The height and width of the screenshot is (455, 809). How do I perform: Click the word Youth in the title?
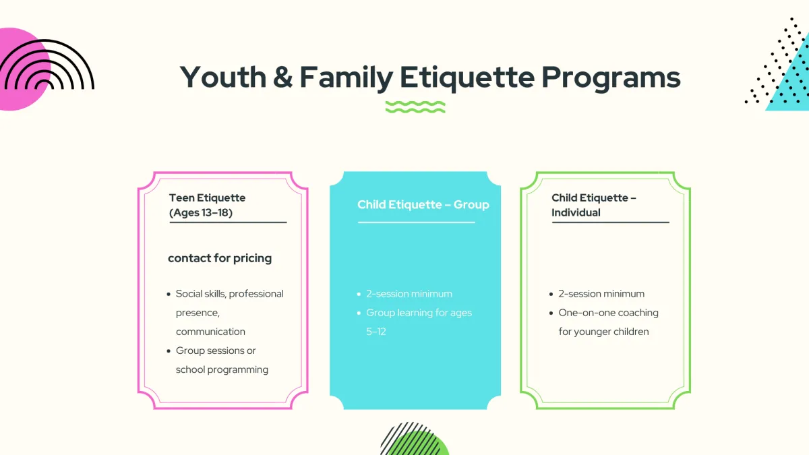coord(223,77)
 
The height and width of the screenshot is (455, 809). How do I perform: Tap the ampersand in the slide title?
coord(282,77)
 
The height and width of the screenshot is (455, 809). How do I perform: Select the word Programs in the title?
coord(611,78)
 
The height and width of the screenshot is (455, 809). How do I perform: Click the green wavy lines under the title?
coord(415,107)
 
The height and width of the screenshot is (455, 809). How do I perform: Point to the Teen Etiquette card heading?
coord(208,205)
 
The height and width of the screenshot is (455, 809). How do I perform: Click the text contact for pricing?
coord(220,258)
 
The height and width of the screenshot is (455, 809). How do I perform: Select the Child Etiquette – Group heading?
coord(423,204)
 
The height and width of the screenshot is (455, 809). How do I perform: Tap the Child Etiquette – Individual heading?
coord(594,205)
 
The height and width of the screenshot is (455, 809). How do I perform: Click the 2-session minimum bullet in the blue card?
coord(409,294)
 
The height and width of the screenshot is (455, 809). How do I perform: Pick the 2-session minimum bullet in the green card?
coord(601,294)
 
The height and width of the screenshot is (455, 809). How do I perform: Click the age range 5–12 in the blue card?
coord(376,332)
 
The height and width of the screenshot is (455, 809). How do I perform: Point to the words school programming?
coord(222,370)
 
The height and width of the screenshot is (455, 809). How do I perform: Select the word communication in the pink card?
coord(210,332)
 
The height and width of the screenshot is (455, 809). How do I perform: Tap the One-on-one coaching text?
coord(609,313)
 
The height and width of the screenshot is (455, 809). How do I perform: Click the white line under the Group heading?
coord(417,222)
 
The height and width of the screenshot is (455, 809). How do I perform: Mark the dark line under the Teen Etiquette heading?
coord(229,222)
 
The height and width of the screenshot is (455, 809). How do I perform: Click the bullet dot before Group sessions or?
coord(169,351)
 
